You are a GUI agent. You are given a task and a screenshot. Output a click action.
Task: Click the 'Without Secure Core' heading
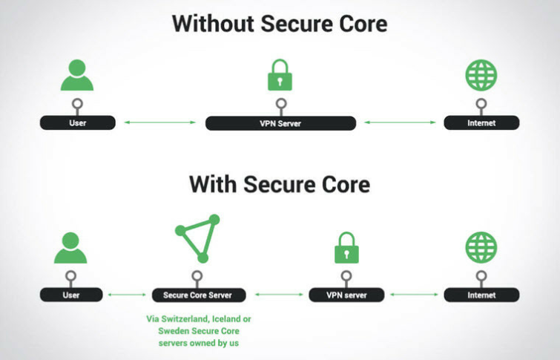pyautogui.click(x=280, y=24)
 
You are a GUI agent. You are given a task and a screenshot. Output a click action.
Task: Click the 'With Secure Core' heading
pyautogui.click(x=280, y=185)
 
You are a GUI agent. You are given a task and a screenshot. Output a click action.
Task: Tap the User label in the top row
pyautogui.click(x=77, y=123)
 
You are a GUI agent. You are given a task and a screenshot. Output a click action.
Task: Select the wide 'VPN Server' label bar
pyautogui.click(x=280, y=123)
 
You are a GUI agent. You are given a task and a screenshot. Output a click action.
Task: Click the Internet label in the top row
pyautogui.click(x=481, y=123)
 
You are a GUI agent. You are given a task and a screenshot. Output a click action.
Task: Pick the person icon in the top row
pyautogui.click(x=77, y=75)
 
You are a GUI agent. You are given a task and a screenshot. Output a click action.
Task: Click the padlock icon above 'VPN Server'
pyautogui.click(x=280, y=75)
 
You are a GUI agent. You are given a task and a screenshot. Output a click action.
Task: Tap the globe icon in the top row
pyautogui.click(x=481, y=75)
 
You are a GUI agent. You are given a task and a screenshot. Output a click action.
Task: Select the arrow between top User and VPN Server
pyautogui.click(x=160, y=122)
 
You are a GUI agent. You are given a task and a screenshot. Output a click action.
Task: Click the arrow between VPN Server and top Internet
pyautogui.click(x=400, y=122)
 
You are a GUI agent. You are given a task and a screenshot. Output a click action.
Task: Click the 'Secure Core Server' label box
pyautogui.click(x=199, y=295)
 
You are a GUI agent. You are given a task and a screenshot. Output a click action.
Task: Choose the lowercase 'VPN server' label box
pyautogui.click(x=346, y=295)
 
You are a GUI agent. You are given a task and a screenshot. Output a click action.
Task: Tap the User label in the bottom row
pyautogui.click(x=71, y=295)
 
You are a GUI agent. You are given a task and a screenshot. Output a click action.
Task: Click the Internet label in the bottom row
pyautogui.click(x=481, y=295)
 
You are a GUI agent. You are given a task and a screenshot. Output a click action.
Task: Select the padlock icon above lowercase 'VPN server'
pyautogui.click(x=346, y=248)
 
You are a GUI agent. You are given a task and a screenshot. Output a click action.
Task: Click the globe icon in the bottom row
pyautogui.click(x=481, y=247)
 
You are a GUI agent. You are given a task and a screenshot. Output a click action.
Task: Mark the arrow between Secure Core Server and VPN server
pyautogui.click(x=279, y=295)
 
